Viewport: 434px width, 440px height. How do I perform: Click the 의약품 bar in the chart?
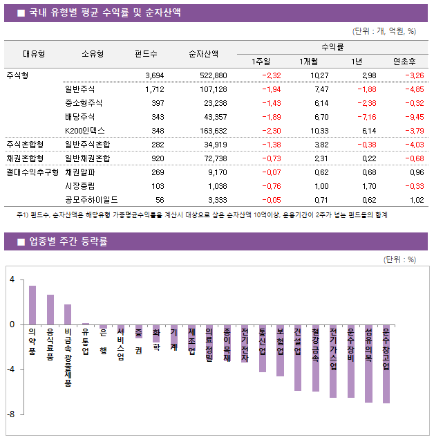pyautogui.click(x=32, y=305)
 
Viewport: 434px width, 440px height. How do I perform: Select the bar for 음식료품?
pyautogui.click(x=50, y=309)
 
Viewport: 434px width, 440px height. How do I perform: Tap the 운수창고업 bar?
pyautogui.click(x=386, y=363)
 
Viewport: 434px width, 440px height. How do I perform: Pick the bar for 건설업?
pyautogui.click(x=298, y=358)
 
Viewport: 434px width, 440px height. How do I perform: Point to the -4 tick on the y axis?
pyautogui.click(x=12, y=369)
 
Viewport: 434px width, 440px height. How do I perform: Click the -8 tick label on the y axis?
pyautogui.click(x=12, y=414)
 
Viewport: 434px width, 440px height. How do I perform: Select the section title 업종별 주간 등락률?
pyautogui.click(x=68, y=241)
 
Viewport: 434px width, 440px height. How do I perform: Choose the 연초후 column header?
pyautogui.click(x=404, y=61)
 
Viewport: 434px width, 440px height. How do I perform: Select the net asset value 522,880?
pyautogui.click(x=212, y=75)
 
